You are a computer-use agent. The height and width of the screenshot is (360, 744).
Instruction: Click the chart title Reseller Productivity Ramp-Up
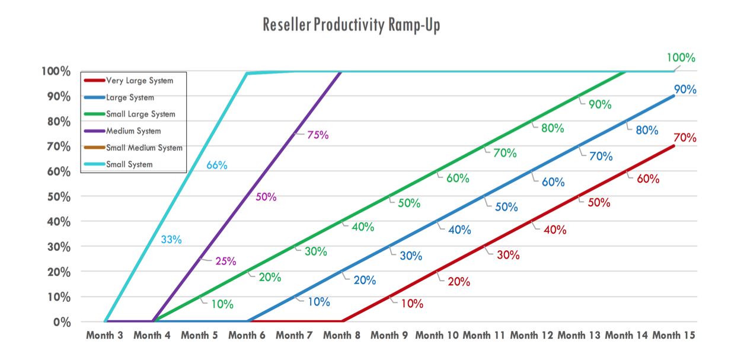[351, 26]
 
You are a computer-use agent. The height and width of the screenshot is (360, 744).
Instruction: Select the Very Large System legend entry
[139, 81]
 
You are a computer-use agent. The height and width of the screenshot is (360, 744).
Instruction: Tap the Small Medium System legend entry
[144, 148]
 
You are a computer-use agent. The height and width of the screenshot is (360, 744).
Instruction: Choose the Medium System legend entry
[133, 131]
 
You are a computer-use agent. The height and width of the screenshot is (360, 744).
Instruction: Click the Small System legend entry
[129, 164]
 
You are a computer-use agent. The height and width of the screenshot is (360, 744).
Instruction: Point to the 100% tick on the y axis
[56, 71]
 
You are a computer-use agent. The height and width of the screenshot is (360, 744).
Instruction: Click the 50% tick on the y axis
[59, 196]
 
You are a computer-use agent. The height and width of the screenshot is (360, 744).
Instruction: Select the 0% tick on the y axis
[62, 322]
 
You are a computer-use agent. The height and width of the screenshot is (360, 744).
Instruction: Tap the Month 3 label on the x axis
[104, 335]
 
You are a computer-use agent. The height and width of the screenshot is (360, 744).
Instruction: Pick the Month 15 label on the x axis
[673, 335]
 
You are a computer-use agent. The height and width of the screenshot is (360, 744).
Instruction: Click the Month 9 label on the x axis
[389, 335]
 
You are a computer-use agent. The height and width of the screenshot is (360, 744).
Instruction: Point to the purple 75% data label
[318, 135]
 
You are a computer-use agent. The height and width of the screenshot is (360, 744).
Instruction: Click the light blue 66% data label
[216, 165]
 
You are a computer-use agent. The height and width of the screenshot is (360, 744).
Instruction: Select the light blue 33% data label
[171, 240]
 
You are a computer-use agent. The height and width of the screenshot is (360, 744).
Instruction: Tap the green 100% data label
[681, 58]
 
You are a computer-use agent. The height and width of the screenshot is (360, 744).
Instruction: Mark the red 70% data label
[685, 138]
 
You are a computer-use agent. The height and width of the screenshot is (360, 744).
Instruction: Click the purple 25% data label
[225, 261]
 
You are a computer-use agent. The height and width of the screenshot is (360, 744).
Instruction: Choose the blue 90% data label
[685, 90]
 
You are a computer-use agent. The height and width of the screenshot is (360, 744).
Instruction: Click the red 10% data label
[412, 304]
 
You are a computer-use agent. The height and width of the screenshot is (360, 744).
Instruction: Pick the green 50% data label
[409, 203]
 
